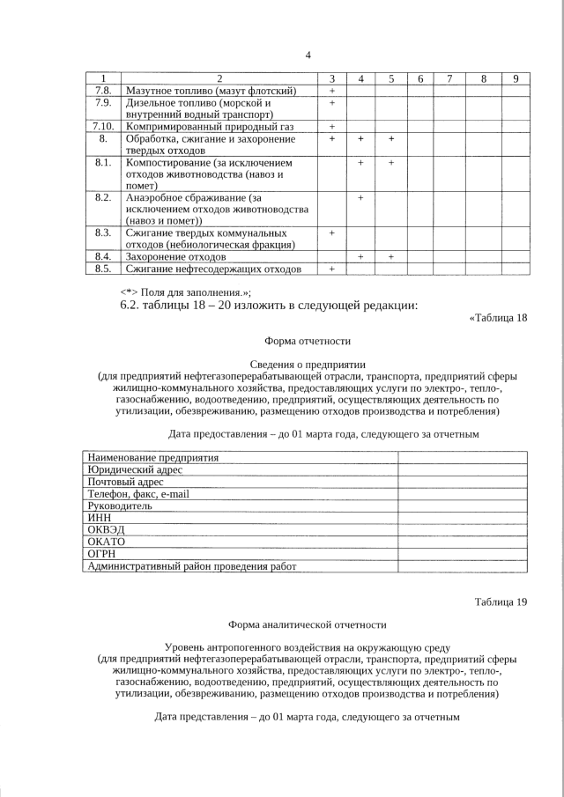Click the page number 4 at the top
(x=308, y=55)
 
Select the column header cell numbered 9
(x=515, y=79)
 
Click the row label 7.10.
(x=103, y=127)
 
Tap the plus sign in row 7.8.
(x=332, y=91)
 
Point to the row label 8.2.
(x=103, y=197)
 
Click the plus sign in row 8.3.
(x=332, y=232)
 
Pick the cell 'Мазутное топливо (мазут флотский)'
(x=211, y=91)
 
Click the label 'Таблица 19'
(x=501, y=602)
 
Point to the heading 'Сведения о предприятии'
(x=308, y=364)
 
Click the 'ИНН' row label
(x=98, y=519)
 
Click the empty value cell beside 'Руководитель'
(x=462, y=506)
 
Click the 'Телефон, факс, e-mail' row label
(x=138, y=494)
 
